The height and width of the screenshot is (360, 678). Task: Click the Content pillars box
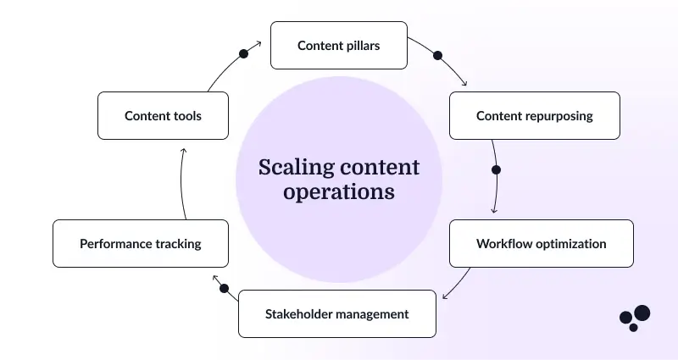pyautogui.click(x=338, y=46)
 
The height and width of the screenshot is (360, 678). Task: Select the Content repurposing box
pyautogui.click(x=534, y=116)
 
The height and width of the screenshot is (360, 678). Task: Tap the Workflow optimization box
pyautogui.click(x=541, y=244)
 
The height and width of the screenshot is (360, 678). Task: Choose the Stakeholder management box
pyautogui.click(x=336, y=314)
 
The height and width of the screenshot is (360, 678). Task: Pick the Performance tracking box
pyautogui.click(x=140, y=244)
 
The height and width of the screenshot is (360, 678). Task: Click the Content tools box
pyautogui.click(x=163, y=116)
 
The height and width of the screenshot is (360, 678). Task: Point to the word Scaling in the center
pyautogui.click(x=293, y=166)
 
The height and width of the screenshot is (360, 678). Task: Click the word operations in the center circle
pyautogui.click(x=339, y=192)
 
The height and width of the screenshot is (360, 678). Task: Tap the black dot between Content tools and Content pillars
pyautogui.click(x=244, y=53)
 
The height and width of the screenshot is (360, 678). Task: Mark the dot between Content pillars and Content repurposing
pyautogui.click(x=438, y=56)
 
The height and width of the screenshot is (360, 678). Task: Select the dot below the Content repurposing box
pyautogui.click(x=496, y=169)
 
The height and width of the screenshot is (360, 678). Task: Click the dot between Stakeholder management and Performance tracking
pyautogui.click(x=224, y=288)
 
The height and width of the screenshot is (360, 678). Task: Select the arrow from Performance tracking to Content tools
pyautogui.click(x=181, y=182)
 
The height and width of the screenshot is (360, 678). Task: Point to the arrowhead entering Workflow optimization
pyautogui.click(x=494, y=210)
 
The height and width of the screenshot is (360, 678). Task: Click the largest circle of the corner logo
pyautogui.click(x=642, y=313)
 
